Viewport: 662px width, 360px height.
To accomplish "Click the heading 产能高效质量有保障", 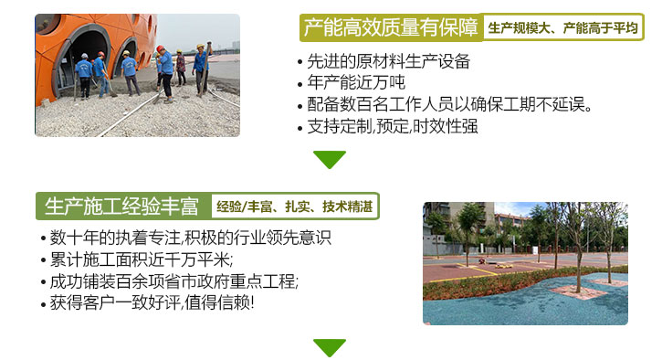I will pos(391,28).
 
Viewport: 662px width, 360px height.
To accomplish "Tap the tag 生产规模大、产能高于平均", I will pos(562,28).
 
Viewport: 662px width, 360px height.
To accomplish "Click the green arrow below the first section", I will pos(330,160).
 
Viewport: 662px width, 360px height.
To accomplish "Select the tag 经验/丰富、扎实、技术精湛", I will pos(295,206).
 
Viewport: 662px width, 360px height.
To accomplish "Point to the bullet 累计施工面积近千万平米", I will pos(141,259).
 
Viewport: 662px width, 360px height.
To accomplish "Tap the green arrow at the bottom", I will pos(330,347).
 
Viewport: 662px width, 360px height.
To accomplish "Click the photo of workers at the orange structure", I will pos(137,75).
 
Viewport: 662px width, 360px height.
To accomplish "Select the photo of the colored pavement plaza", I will pos(525,263).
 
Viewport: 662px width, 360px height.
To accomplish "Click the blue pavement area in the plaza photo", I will pos(511,306).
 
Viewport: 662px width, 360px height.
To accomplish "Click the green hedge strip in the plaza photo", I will pos(511,285).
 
